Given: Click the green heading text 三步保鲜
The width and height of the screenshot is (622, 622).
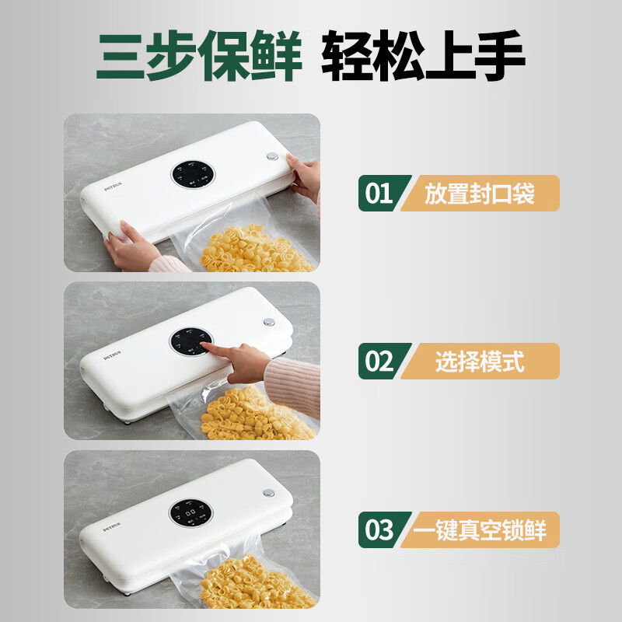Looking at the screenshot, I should pyautogui.click(x=199, y=56).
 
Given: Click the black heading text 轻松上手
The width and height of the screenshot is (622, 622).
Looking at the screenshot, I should pyautogui.click(x=424, y=56).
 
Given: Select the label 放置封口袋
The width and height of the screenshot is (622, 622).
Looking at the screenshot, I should pyautogui.click(x=480, y=193).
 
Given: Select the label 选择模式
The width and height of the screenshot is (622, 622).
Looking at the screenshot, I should pyautogui.click(x=480, y=361).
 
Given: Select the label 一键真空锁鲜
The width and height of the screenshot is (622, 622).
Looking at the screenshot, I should pyautogui.click(x=480, y=529).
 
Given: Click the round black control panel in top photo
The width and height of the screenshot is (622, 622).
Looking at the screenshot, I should pyautogui.click(x=192, y=176).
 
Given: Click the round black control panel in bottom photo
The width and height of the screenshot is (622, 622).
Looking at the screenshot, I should pyautogui.click(x=191, y=514).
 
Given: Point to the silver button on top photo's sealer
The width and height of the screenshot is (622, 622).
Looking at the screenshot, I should pyautogui.click(x=272, y=156).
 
